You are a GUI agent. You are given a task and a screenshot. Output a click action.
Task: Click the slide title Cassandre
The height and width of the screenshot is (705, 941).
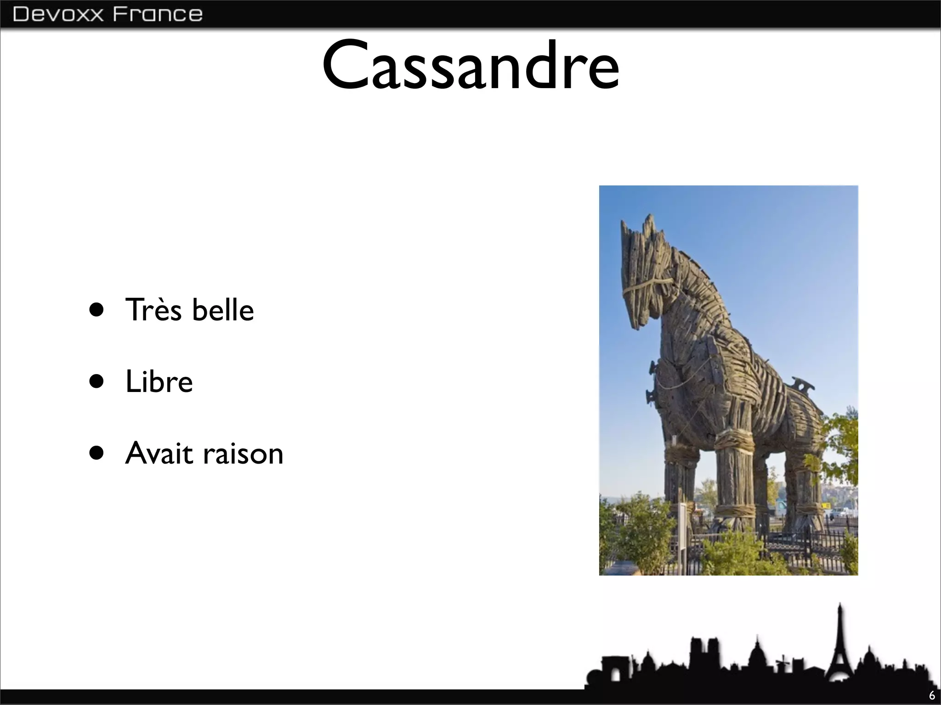click(x=470, y=65)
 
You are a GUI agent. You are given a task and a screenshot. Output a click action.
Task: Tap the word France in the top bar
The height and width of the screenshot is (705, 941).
click(x=158, y=14)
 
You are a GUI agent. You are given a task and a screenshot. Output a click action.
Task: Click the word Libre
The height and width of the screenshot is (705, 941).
click(x=159, y=381)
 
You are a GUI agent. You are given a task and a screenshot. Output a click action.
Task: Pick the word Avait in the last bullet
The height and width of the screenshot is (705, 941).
click(x=159, y=453)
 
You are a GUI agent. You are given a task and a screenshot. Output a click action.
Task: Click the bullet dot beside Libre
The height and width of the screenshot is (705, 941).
click(x=97, y=381)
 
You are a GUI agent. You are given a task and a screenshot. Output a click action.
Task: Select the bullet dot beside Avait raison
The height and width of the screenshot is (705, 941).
click(x=97, y=453)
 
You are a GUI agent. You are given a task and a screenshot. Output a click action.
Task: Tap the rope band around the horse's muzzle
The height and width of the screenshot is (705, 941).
click(x=643, y=289)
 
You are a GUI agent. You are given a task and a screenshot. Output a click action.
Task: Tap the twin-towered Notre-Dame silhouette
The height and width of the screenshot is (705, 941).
click(x=703, y=652)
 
